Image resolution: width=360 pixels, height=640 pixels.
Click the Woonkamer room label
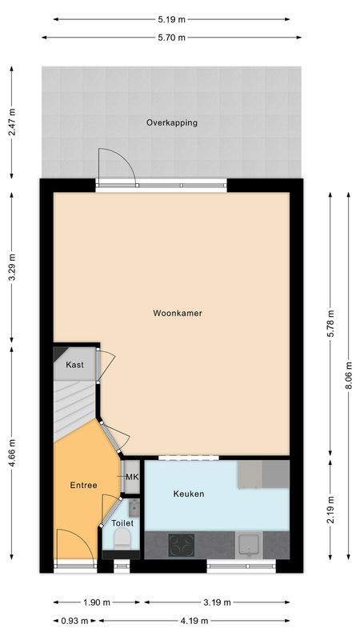click(x=178, y=314)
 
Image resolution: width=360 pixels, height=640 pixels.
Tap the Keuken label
click(x=189, y=494)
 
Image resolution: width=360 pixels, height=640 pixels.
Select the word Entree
click(x=83, y=486)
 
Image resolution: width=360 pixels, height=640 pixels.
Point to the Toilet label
click(x=122, y=522)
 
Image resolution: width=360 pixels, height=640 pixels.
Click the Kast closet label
click(x=74, y=365)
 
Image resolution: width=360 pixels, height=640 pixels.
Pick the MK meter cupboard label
click(x=133, y=478)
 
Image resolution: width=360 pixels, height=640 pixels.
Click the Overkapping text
click(x=171, y=123)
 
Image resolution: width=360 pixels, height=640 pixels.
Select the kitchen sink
click(x=250, y=546)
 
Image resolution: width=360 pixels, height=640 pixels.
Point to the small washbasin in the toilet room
click(x=133, y=506)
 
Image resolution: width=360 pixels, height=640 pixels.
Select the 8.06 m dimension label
click(x=349, y=375)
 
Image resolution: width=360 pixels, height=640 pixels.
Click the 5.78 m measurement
click(x=330, y=323)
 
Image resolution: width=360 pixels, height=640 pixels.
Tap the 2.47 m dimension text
click(x=12, y=123)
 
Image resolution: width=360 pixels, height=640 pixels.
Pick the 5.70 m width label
click(x=171, y=38)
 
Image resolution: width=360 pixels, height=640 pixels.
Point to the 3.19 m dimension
click(x=217, y=602)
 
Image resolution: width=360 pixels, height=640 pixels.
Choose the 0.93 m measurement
click(x=75, y=621)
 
